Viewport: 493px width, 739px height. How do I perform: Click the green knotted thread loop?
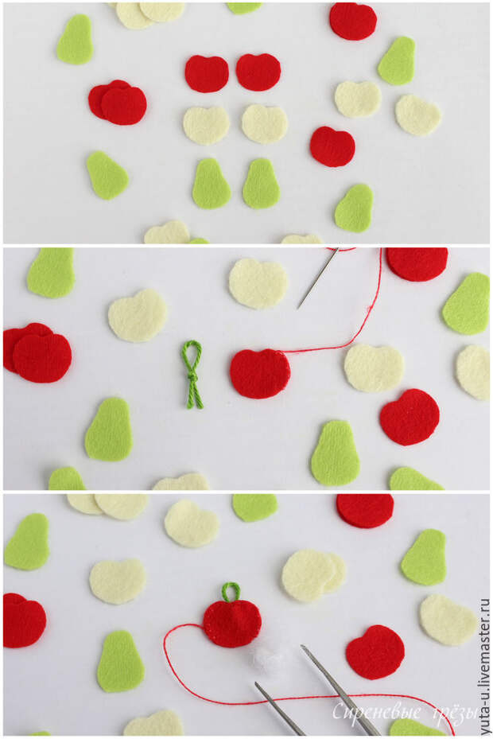pyautogui.click(x=192, y=374)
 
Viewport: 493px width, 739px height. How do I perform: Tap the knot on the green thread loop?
pyautogui.click(x=192, y=377)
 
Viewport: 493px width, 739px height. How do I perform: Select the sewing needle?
pyautogui.click(x=318, y=278)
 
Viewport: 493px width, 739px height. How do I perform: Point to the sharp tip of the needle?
pyautogui.click(x=297, y=309)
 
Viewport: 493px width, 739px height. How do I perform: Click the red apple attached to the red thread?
pyautogui.click(x=260, y=374)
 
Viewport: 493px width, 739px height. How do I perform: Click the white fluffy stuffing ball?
pyautogui.click(x=266, y=657)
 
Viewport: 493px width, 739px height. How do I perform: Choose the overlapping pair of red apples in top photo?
pyautogui.click(x=118, y=103)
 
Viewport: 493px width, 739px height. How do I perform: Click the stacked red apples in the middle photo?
pyautogui.click(x=37, y=352)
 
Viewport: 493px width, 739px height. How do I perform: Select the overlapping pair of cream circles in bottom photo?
pyautogui.click(x=313, y=575)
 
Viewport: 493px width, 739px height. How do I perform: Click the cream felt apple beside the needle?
pyautogui.click(x=258, y=283)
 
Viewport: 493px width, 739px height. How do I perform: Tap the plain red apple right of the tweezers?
pyautogui.click(x=375, y=652)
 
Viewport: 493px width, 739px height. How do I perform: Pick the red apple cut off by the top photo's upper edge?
pyautogui.click(x=353, y=21)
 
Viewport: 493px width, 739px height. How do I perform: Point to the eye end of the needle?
pyautogui.click(x=337, y=250)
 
